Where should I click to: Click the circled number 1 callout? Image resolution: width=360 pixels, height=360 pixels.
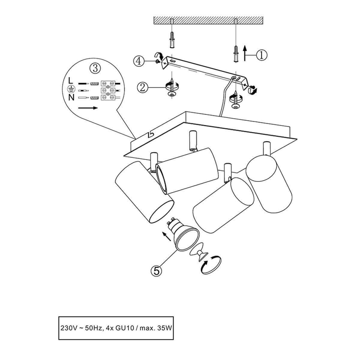pyautogui.click(x=262, y=55)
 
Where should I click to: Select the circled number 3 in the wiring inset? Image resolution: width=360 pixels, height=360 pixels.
pyautogui.click(x=95, y=68)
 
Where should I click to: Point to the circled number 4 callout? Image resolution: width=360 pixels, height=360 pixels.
pyautogui.click(x=139, y=61)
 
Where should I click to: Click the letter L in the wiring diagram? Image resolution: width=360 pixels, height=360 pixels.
pyautogui.click(x=70, y=80)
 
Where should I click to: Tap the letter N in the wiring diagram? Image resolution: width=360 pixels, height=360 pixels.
pyautogui.click(x=71, y=97)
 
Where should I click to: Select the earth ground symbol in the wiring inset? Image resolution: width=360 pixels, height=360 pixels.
pyautogui.click(x=71, y=89)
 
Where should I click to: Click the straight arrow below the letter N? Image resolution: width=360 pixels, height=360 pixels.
pyautogui.click(x=88, y=108)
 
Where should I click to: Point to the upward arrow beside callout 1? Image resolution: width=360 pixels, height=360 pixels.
pyautogui.click(x=245, y=54)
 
